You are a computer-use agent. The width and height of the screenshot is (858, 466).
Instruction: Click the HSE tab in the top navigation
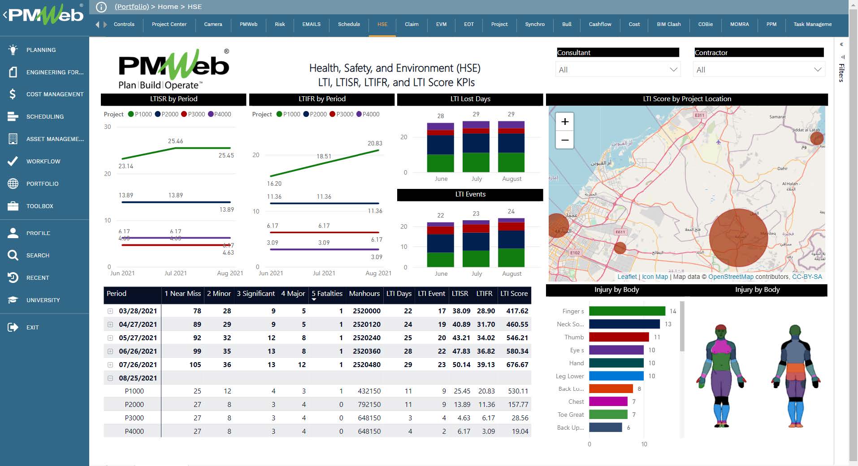[382, 24]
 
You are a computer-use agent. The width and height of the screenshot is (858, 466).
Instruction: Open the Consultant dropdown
[617, 70]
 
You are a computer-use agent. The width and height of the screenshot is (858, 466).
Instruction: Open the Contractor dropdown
[759, 70]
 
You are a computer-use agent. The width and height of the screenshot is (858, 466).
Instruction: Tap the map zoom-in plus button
[565, 122]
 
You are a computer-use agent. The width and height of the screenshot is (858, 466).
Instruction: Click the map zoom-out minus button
[565, 140]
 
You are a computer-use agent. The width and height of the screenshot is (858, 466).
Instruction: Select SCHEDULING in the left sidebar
[45, 116]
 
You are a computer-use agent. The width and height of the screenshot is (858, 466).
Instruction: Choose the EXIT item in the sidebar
[32, 327]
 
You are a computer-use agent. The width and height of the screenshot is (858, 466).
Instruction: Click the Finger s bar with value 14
[627, 311]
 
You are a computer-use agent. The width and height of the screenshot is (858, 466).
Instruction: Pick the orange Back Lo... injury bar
[611, 389]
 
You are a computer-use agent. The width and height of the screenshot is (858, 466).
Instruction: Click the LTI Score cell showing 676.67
[517, 364]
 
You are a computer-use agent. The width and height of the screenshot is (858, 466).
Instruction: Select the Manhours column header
[364, 294]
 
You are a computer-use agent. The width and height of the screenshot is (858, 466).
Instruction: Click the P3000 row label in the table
[134, 418]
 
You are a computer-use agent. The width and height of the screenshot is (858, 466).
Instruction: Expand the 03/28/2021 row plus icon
[110, 311]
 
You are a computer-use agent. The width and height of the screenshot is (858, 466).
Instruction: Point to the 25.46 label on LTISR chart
[175, 141]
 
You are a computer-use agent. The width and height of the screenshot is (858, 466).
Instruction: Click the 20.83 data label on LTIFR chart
[375, 143]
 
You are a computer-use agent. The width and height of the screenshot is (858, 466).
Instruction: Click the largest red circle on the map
[738, 238]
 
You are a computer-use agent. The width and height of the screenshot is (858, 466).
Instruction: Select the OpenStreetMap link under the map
[731, 277]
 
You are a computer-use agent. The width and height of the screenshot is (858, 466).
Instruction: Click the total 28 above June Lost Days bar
[441, 116]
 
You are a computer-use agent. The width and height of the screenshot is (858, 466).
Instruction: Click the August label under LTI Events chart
[511, 274]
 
